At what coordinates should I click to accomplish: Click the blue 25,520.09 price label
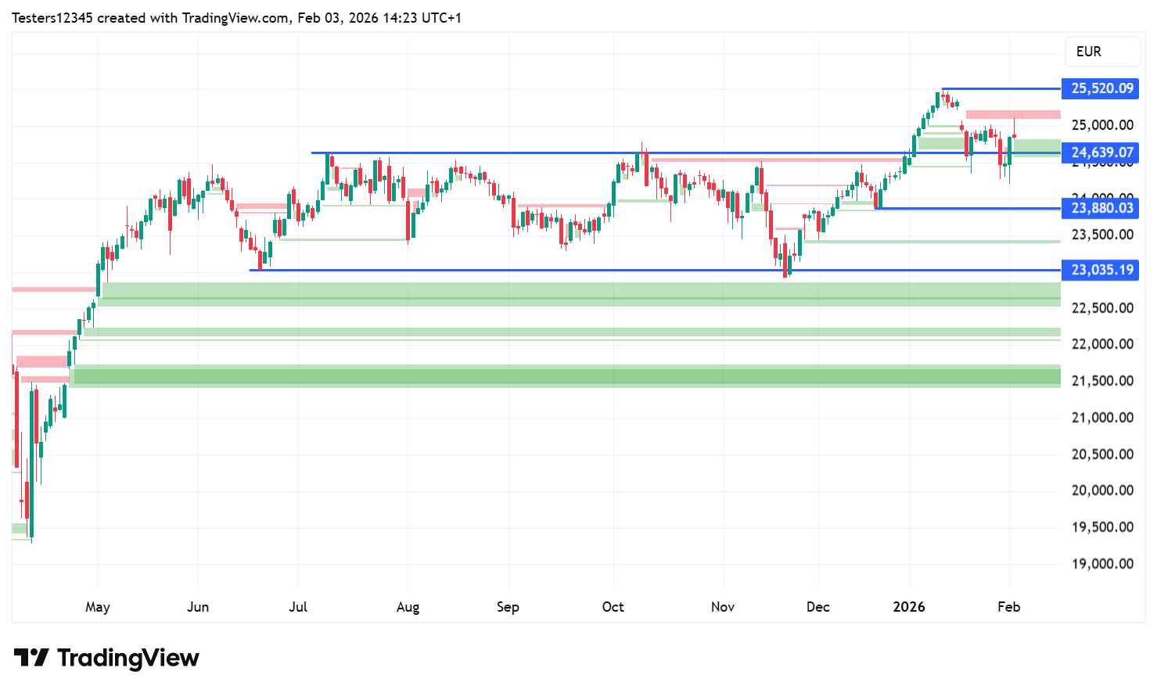pos(1101,88)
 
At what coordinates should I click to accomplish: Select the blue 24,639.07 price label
pos(1101,153)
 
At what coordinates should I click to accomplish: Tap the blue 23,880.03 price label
pos(1101,208)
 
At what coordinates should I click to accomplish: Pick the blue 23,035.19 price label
pos(1101,270)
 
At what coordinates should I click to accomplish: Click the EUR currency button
pos(1088,52)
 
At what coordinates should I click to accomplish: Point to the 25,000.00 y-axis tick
pos(1101,125)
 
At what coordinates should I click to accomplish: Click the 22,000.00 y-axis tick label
pos(1101,344)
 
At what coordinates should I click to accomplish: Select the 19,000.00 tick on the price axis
pos(1101,564)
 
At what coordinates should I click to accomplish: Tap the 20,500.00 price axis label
pos(1101,454)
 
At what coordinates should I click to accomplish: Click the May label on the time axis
pos(98,607)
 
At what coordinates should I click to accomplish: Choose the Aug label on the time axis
pos(408,607)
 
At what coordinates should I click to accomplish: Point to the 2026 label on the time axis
pos(909,607)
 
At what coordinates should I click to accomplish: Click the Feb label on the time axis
pos(1008,607)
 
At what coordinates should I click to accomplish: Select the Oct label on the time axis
pos(613,607)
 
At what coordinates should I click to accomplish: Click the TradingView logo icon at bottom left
pos(31,658)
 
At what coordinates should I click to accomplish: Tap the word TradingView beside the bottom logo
pos(128,659)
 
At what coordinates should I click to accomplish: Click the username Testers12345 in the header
pos(52,18)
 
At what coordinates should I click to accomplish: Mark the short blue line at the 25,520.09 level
pos(1001,88)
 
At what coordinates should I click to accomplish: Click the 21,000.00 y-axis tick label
pos(1101,418)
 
